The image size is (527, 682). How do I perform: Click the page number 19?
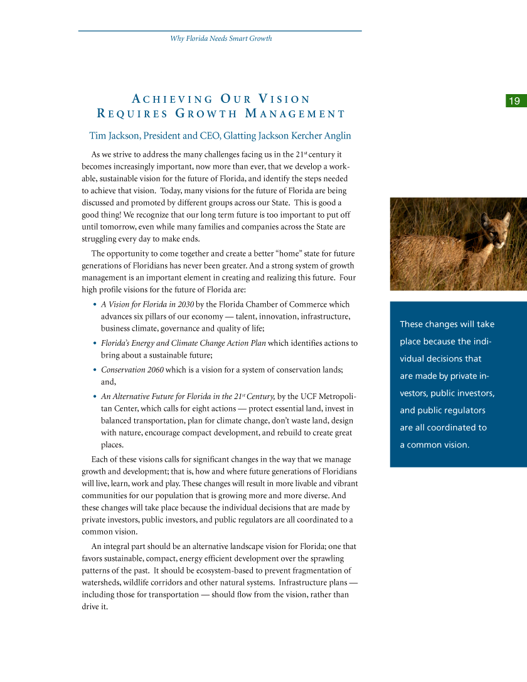point(514,101)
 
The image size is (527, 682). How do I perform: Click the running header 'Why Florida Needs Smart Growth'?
point(221,39)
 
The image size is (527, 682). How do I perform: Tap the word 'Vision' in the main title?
point(285,99)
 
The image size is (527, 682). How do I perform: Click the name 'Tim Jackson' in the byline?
point(113,136)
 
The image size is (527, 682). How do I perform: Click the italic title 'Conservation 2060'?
point(132,370)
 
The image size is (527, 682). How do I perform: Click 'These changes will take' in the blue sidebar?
point(447,324)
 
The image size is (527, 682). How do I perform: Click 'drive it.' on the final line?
point(95,606)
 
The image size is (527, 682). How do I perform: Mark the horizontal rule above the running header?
point(220,31)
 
